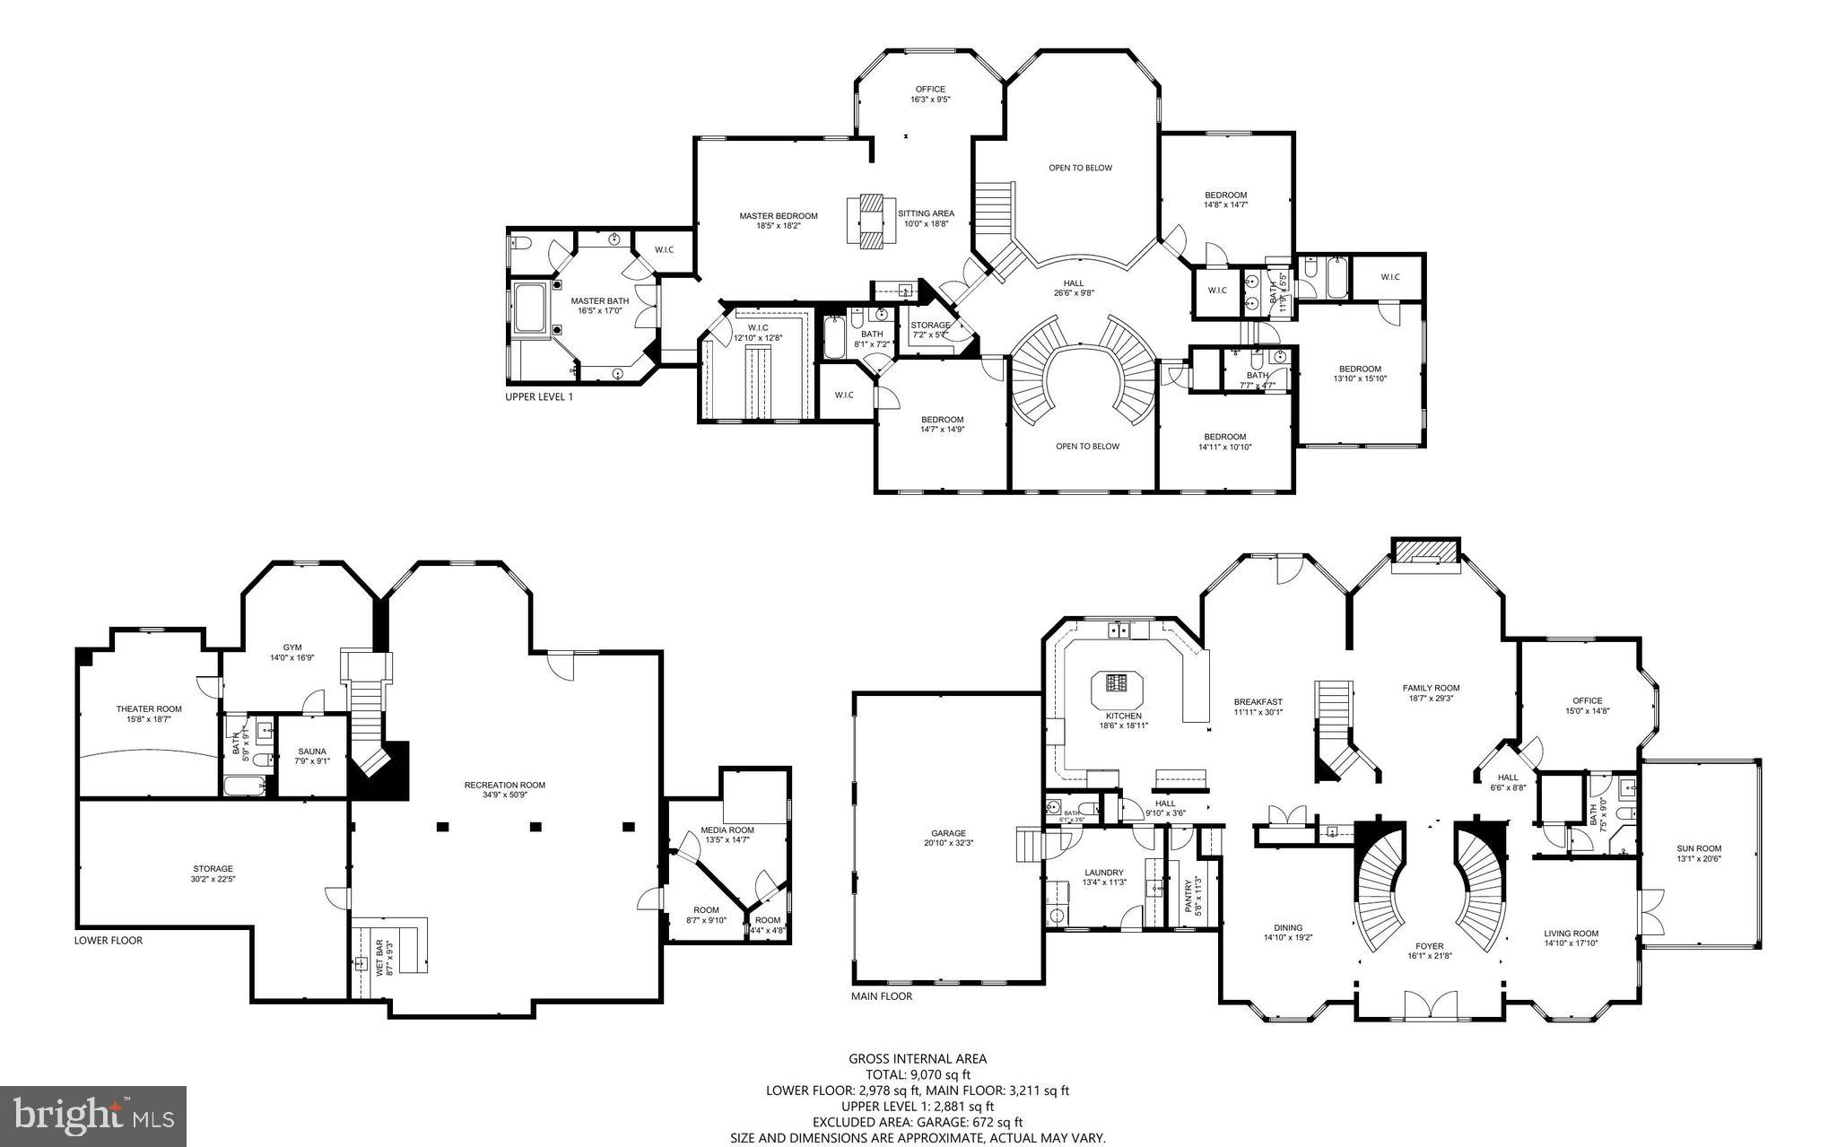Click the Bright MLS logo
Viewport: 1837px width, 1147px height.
click(93, 1115)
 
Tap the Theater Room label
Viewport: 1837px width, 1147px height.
click(149, 708)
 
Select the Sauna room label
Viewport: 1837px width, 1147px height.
click(312, 752)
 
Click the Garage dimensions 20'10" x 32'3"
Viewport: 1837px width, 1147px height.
click(948, 843)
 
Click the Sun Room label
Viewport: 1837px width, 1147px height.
click(1699, 848)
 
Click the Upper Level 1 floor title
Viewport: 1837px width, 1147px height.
click(538, 396)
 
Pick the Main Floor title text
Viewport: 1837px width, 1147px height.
click(881, 996)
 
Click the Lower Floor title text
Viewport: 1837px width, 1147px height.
click(108, 941)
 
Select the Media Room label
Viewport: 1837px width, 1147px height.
click(727, 830)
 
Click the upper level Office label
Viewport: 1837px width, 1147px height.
click(930, 89)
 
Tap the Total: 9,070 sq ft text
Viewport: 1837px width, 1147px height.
click(918, 1074)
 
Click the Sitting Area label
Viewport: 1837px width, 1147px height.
click(926, 213)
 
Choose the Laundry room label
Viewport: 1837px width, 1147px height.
click(1103, 873)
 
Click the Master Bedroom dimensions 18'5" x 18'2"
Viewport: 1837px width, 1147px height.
click(778, 226)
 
